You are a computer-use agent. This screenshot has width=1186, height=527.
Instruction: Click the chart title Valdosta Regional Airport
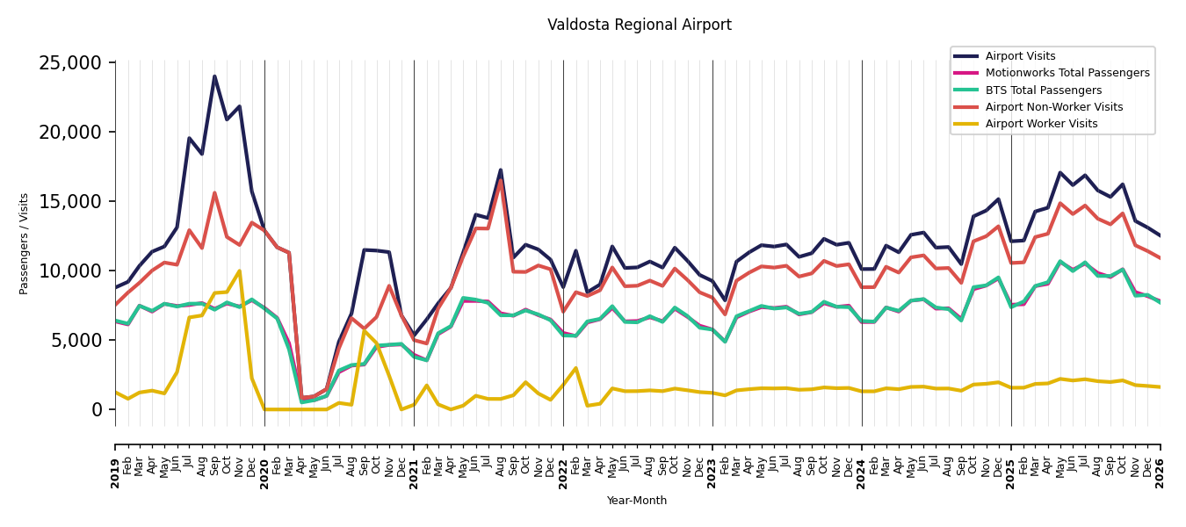coord(639,25)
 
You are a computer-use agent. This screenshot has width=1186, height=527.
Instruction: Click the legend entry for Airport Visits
coord(1020,56)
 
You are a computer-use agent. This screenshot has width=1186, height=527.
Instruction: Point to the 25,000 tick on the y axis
coord(70,63)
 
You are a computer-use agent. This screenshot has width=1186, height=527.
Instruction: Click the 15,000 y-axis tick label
coord(70,202)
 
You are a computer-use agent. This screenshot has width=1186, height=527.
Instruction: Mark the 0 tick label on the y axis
coord(97,409)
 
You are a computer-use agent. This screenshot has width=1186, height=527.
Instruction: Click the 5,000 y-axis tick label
coord(76,340)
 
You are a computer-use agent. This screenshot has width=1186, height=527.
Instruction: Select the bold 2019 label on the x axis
coord(115,474)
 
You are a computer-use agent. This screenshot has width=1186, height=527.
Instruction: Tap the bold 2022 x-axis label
coord(563,474)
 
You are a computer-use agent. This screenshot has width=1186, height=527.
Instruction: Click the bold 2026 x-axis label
coord(1160,474)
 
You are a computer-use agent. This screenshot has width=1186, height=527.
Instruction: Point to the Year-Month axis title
coord(636,501)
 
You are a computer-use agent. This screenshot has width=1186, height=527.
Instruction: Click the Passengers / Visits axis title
coord(24,244)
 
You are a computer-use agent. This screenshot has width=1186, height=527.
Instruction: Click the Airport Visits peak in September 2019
coord(214,76)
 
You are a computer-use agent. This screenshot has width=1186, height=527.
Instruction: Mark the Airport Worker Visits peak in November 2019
coord(239,271)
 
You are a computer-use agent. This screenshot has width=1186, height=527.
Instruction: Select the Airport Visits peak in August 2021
coord(501,170)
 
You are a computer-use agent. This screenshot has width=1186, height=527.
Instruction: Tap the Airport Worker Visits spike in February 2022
coord(575,368)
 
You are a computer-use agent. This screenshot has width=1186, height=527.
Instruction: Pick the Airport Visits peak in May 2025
coord(1059,172)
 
